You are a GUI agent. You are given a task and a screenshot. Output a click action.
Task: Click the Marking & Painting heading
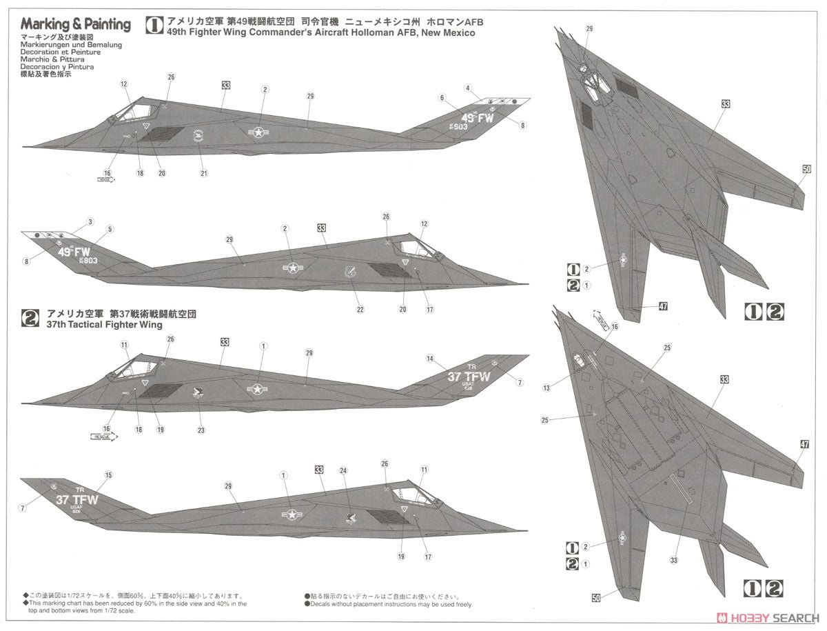coord(76,25)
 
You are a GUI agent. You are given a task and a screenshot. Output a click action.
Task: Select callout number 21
coord(204,173)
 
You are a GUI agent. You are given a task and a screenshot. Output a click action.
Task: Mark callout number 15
coord(108,475)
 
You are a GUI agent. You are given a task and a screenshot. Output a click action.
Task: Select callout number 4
coord(467,88)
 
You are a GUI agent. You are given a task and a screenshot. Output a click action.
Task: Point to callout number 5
coord(110,229)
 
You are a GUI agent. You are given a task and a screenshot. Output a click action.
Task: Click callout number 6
coord(442,97)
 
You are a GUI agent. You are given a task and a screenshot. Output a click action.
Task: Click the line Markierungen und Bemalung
coord(56,45)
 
